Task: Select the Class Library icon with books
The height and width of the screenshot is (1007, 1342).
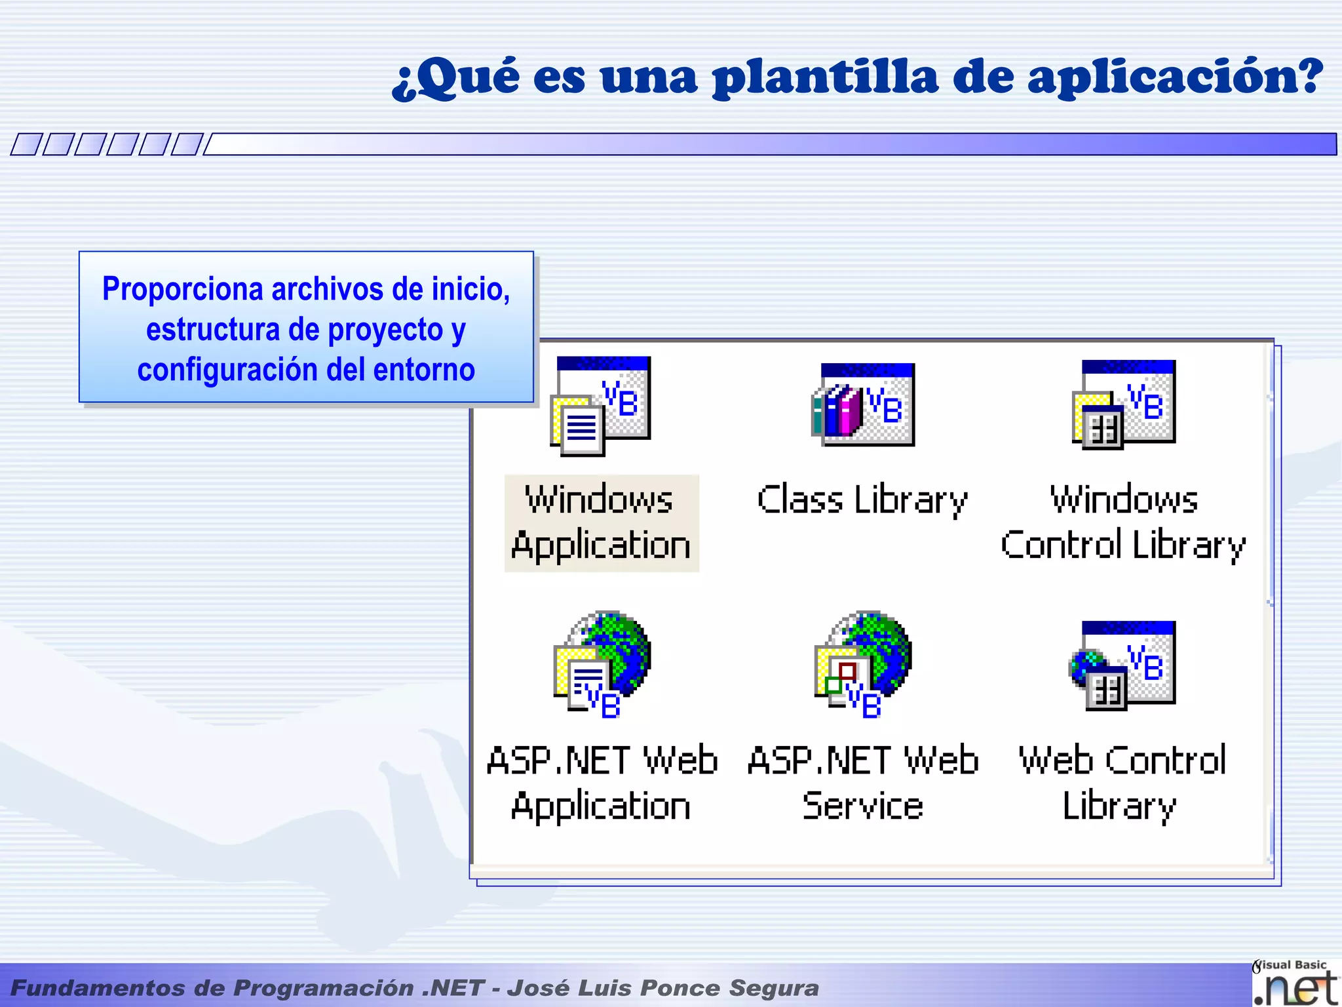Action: coord(863,405)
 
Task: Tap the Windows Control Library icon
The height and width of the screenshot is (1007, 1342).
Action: coord(1124,404)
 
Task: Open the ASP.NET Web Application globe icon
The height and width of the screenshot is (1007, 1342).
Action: coord(602,664)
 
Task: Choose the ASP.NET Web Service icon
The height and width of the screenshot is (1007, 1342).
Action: coord(863,664)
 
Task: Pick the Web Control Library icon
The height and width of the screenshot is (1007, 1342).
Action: coord(1122,665)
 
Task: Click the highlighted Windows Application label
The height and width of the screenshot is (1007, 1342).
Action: coord(601,523)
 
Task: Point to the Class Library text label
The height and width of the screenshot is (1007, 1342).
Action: coord(862,500)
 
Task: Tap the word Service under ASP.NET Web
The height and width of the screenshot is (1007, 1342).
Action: coord(862,806)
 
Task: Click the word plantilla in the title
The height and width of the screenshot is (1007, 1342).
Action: coord(826,77)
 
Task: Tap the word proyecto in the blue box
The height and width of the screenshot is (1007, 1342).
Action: coord(385,330)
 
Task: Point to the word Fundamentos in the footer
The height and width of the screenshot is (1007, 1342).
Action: coord(98,988)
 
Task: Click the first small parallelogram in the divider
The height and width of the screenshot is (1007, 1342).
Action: coord(27,144)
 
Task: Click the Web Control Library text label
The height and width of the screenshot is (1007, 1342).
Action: coord(1122,783)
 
